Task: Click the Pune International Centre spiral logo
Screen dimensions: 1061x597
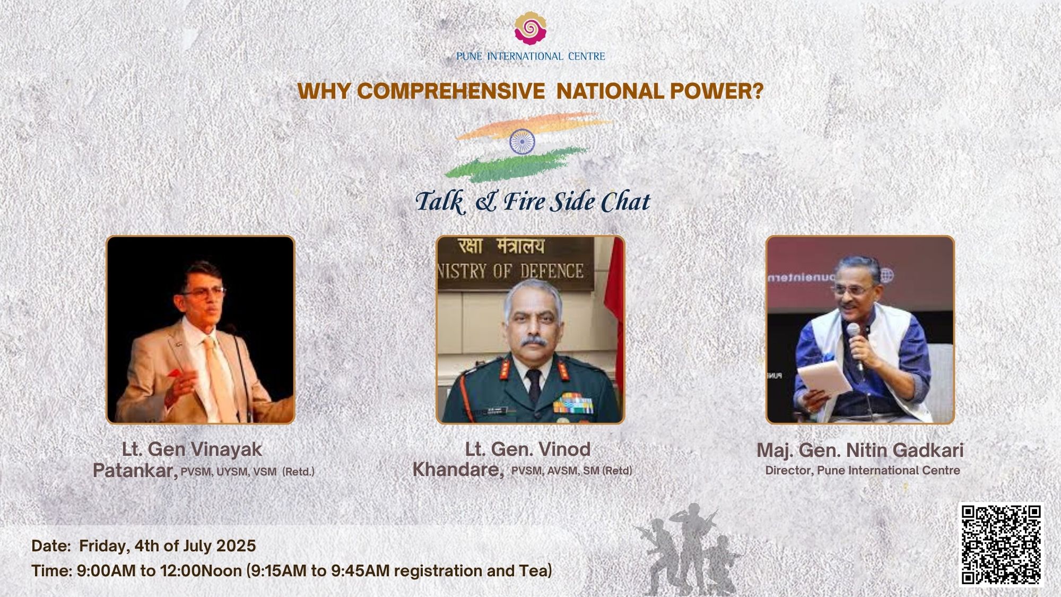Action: pos(530,29)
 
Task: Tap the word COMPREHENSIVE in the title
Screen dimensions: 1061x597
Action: pos(451,91)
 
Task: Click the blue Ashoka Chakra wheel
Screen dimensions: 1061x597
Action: pos(522,141)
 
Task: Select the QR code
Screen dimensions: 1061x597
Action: pos(1001,545)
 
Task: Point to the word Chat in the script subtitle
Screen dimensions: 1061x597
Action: pos(625,202)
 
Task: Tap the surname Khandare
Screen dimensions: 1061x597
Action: pos(458,470)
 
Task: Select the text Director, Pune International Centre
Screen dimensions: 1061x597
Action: pos(863,471)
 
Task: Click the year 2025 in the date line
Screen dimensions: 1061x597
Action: pos(236,546)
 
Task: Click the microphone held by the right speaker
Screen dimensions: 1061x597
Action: pos(855,345)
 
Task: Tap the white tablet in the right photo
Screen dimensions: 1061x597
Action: pos(825,378)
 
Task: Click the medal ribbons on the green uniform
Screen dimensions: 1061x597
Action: pos(572,403)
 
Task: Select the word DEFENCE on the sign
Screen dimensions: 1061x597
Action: pos(552,271)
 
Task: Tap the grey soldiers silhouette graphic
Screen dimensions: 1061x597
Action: pos(687,549)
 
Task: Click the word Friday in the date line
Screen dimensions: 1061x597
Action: pos(103,547)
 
